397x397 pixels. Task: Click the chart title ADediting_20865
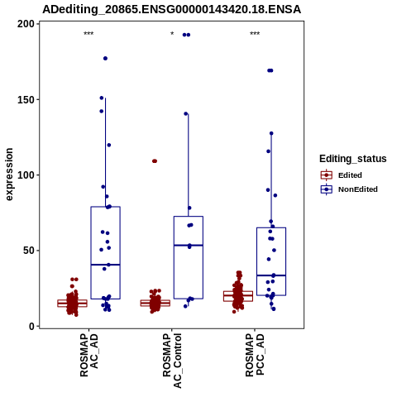(171, 9)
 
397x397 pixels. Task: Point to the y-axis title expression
(9, 175)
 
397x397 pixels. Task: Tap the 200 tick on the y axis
(26, 24)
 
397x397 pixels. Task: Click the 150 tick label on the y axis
(26, 99)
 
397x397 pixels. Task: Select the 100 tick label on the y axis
(26, 175)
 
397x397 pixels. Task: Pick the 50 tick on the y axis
(29, 251)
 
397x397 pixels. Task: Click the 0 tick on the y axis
(32, 326)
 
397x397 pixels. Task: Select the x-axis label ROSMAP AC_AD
(88, 356)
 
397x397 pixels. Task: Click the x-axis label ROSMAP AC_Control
(172, 361)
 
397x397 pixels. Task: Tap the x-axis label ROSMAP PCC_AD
(255, 356)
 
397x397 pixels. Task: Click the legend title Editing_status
(353, 159)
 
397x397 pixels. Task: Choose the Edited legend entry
(341, 175)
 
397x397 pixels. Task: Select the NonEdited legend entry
(349, 189)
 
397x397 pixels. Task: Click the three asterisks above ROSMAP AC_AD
(88, 34)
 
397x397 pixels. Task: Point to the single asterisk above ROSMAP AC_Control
(172, 34)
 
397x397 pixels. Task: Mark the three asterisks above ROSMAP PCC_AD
(255, 34)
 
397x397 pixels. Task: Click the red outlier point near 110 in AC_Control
(155, 161)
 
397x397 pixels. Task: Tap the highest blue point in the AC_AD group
(105, 59)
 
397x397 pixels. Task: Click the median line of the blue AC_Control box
(189, 245)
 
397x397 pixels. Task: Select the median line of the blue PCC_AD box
(271, 275)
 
